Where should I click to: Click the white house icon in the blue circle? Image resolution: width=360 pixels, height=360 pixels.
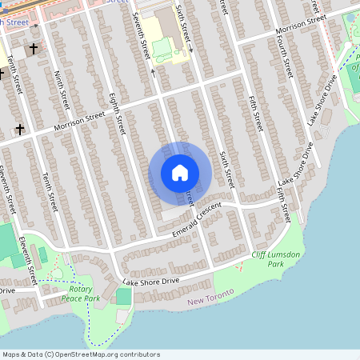tap(180, 173)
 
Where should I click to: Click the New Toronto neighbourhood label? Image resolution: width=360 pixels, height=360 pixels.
tap(211, 298)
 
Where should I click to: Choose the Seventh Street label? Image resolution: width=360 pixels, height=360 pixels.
tap(142, 36)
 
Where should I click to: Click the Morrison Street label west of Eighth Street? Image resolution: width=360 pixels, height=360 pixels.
tap(79, 122)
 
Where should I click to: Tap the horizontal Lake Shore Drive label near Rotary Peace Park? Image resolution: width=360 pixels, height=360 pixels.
tap(150, 283)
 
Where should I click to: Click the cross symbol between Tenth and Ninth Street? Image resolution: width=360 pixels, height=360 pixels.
tap(34, 50)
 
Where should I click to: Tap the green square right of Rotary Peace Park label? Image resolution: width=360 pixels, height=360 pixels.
tap(123, 297)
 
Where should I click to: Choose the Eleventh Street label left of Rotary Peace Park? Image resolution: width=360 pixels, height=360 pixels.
tap(30, 260)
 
